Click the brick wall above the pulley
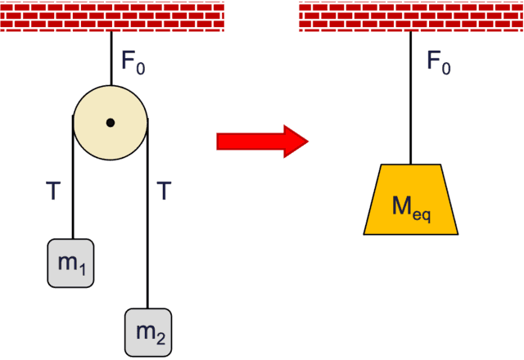pos(112,16)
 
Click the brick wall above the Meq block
pos(411,16)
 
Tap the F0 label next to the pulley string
pos(133,61)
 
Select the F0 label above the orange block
pos(438,61)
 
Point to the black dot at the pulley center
pos(111,123)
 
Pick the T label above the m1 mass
pos(53,191)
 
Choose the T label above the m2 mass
pos(164,191)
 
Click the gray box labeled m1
pos(70,263)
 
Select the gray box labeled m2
pos(147,331)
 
